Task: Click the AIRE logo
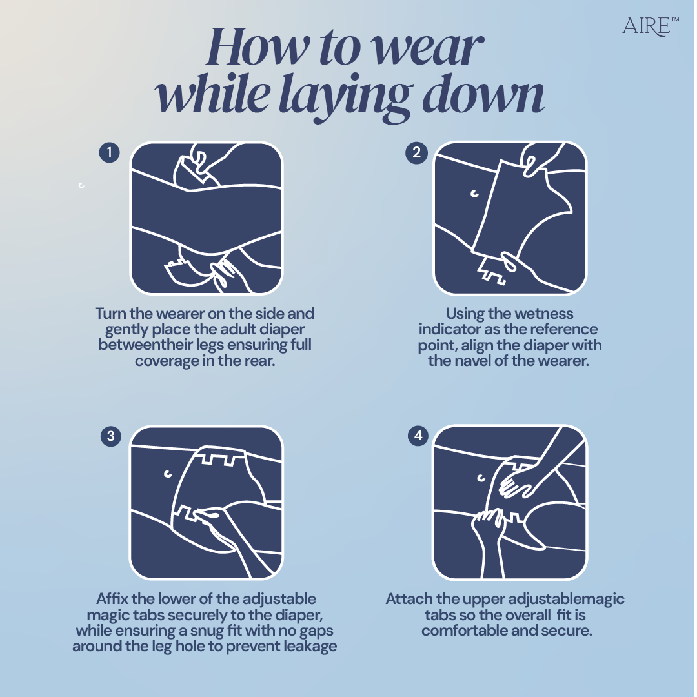coord(650,26)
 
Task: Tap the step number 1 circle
coord(109,152)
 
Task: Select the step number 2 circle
coord(416,152)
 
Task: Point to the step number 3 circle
coord(111,436)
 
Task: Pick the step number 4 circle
coord(418,435)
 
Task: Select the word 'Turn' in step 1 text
coord(111,314)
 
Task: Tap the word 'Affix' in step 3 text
coord(112,598)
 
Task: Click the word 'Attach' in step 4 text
coord(409,599)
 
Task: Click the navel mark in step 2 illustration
coord(475,194)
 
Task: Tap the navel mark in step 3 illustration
coord(168,474)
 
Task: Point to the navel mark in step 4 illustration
coord(481,478)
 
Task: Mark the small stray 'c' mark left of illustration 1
coord(81,185)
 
